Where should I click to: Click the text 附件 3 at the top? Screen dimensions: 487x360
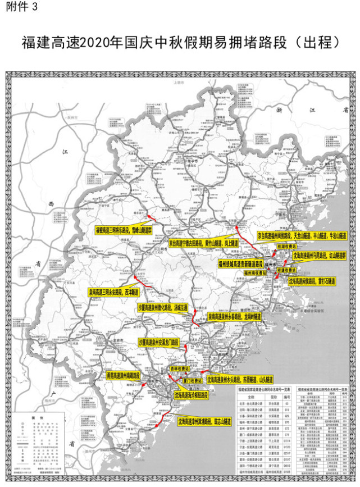22,7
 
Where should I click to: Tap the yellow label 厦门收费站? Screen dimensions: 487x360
192,380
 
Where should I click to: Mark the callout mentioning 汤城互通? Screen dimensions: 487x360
162,308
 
